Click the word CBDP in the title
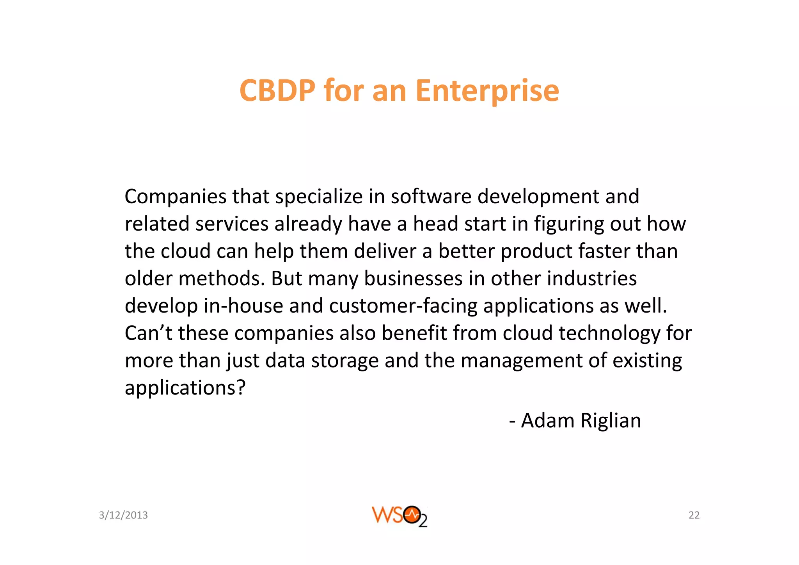tap(277, 91)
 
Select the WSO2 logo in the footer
tap(399, 516)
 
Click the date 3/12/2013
tap(123, 515)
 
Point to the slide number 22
tap(694, 515)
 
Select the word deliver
tap(385, 251)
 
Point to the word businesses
tap(413, 279)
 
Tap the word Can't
tap(148, 333)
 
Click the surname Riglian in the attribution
tap(611, 421)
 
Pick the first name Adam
tap(547, 421)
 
